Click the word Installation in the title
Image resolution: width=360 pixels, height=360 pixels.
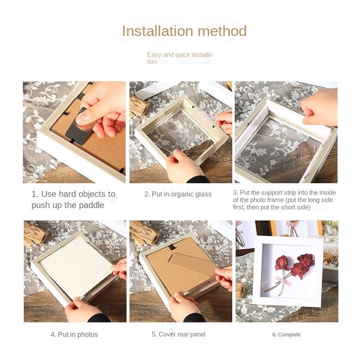click(157, 31)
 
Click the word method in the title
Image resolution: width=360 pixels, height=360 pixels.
click(222, 31)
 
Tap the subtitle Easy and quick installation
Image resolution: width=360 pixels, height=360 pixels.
click(180, 58)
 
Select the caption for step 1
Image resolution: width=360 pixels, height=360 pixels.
click(73, 200)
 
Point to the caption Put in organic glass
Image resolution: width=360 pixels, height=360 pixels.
click(178, 194)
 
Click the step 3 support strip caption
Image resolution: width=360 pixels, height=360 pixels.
click(284, 200)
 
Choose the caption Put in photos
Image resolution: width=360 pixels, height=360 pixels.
click(74, 334)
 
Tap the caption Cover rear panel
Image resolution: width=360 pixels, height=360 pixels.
click(178, 334)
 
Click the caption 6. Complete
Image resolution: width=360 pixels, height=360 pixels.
click(286, 335)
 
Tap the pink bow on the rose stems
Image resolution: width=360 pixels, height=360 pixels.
click(284, 281)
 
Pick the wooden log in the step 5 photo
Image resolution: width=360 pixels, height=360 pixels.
click(144, 233)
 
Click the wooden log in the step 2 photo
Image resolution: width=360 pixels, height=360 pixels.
click(139, 106)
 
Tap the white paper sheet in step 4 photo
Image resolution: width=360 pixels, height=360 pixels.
click(76, 266)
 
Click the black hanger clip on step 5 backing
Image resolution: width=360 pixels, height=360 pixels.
click(172, 247)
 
